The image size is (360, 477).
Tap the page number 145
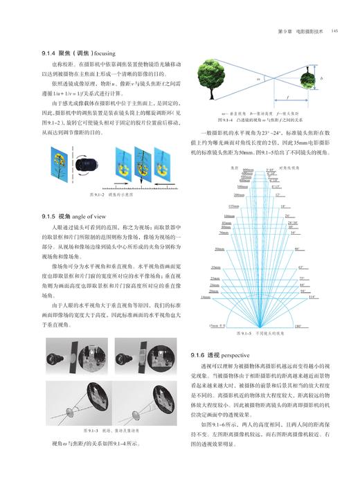coord(334,31)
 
